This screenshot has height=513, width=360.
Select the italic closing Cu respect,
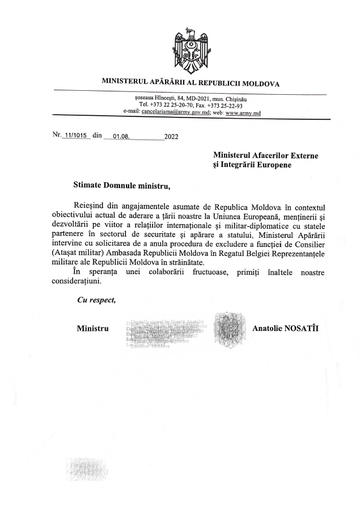[96, 301]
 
